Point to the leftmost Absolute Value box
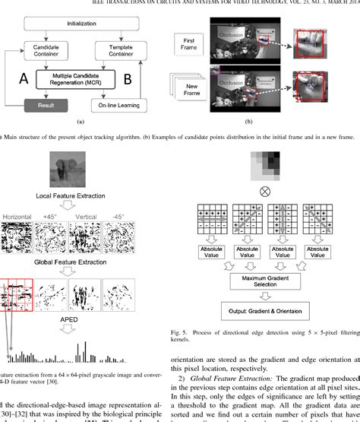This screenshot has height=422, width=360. click(x=213, y=251)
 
